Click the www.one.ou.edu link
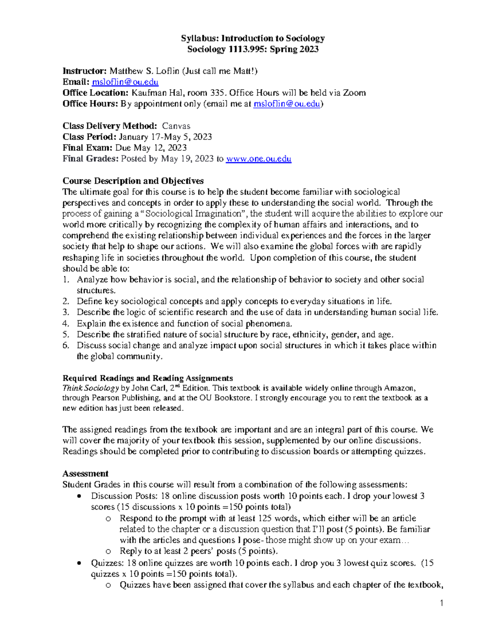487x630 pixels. point(259,159)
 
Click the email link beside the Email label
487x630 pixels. point(125,82)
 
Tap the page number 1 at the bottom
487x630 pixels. point(442,603)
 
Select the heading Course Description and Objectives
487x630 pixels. point(133,181)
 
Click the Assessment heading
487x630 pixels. point(85,474)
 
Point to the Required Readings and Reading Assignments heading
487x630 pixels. point(147,378)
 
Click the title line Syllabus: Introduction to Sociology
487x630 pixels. point(253,39)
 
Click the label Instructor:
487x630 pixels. point(84,71)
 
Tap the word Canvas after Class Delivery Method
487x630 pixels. point(176,126)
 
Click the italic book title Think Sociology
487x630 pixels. point(90,388)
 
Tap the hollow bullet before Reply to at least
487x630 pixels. point(108,551)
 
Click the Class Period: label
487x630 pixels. point(89,137)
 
